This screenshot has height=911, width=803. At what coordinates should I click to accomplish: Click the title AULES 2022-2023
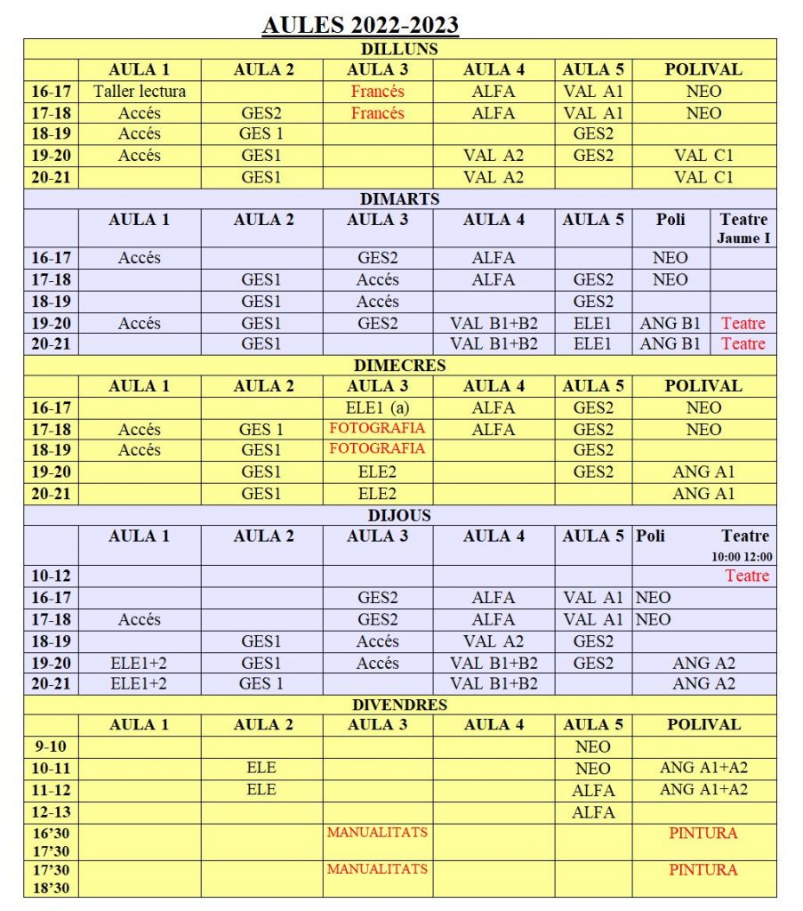pos(360,24)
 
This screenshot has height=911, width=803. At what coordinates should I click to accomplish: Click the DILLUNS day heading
pos(399,49)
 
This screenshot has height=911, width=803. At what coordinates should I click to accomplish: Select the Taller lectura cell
pos(140,91)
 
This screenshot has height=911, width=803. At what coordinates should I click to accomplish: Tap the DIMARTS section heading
pos(399,198)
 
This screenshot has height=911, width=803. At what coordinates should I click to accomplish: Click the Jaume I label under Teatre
pos(744,238)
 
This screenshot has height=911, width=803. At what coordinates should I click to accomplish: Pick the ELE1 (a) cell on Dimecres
pos(377,407)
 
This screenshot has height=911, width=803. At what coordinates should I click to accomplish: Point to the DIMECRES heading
pos(399,365)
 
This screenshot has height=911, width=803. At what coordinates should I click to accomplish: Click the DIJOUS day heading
pos(399,515)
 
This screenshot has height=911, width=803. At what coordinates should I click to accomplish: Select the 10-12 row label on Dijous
pos(51,576)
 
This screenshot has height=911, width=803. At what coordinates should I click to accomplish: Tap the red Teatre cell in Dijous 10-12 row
pos(747,576)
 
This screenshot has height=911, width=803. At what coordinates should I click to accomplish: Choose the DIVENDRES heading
pos(399,704)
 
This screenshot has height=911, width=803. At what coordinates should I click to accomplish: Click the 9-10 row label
pos(51,746)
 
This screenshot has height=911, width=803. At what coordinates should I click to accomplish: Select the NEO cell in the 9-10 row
pos(593,746)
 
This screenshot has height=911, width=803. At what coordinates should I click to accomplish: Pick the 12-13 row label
pos(51,811)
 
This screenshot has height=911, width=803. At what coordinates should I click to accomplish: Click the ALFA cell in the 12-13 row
pos(593,811)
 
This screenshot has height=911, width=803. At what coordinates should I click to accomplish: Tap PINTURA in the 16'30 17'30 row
pos(703,833)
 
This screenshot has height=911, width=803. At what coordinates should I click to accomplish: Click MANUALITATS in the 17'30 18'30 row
pos(377,868)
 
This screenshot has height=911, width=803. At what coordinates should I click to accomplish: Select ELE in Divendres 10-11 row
pos(261,768)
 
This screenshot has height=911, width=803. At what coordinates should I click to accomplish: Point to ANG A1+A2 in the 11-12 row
pos(703,789)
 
